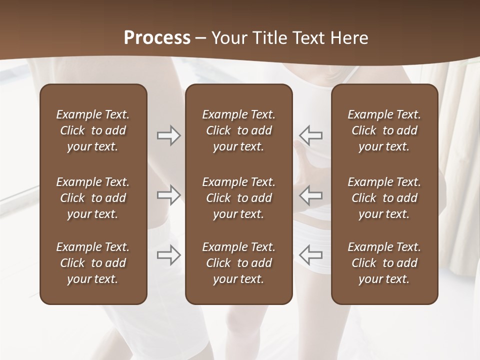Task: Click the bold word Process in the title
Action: click(x=157, y=38)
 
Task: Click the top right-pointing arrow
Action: click(x=168, y=135)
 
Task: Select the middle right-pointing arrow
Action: click(x=168, y=194)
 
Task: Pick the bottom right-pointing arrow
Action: click(x=168, y=255)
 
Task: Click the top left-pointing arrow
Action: click(x=311, y=135)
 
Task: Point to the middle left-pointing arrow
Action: click(x=311, y=194)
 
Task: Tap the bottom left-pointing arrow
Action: click(x=311, y=255)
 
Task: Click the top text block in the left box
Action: click(x=93, y=130)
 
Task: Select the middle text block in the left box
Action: click(x=93, y=198)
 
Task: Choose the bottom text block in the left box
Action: click(x=93, y=263)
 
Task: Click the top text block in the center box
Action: click(x=238, y=130)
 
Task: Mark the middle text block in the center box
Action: click(x=238, y=198)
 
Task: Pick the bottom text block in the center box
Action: click(x=238, y=263)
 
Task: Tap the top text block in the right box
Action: click(x=384, y=130)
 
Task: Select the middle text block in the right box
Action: click(x=384, y=198)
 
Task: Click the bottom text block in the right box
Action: click(x=384, y=263)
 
